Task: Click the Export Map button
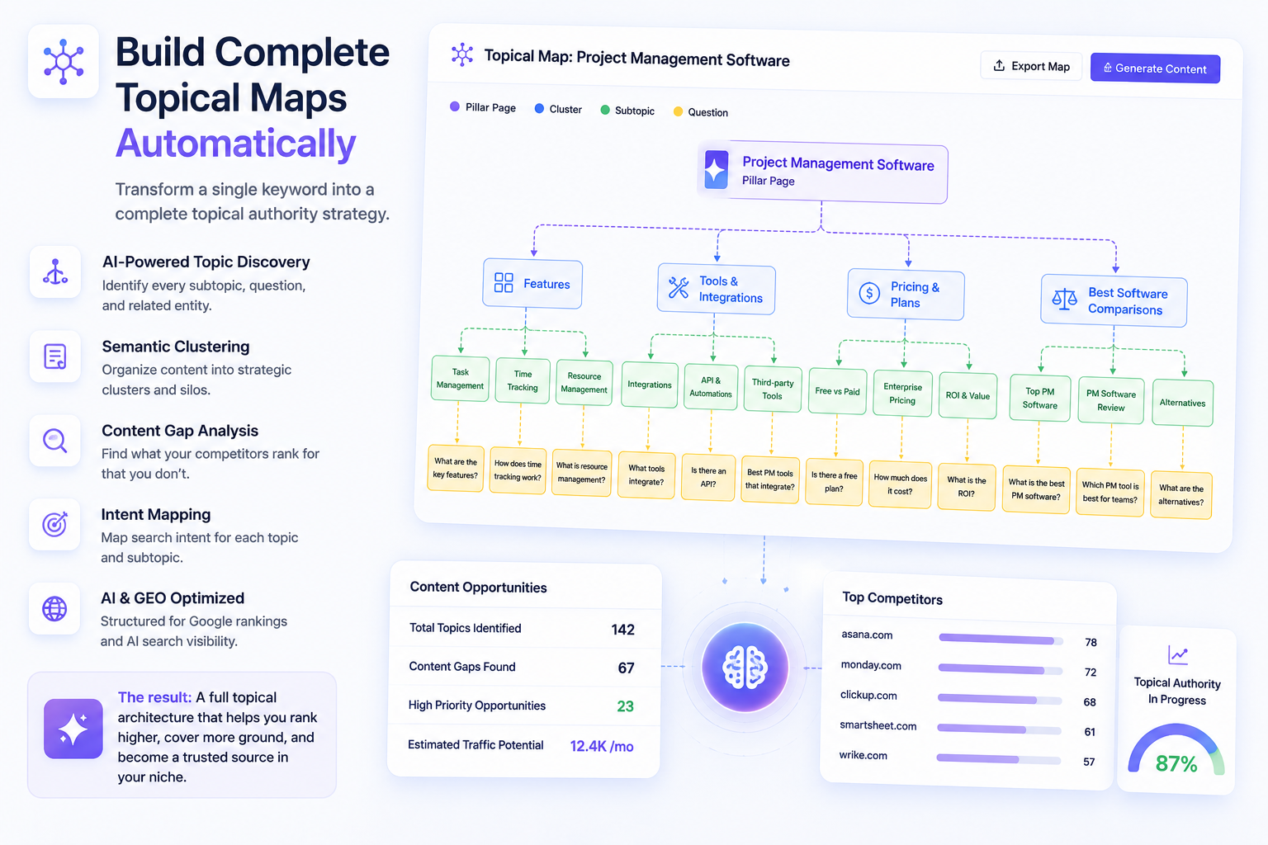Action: click(x=1031, y=66)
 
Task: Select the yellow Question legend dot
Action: click(x=678, y=111)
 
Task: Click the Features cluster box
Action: click(x=532, y=284)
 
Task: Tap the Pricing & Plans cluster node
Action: click(x=905, y=295)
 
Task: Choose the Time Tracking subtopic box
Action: click(x=522, y=380)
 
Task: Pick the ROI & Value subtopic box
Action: click(x=968, y=395)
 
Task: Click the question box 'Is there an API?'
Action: click(x=708, y=477)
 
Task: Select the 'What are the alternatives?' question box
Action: click(x=1180, y=494)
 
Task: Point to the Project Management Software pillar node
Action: click(x=822, y=172)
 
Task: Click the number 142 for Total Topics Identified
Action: click(x=622, y=630)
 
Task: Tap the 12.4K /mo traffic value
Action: click(x=602, y=746)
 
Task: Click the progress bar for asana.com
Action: click(x=1001, y=640)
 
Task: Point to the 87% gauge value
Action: click(x=1176, y=763)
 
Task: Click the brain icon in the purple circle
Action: click(x=745, y=668)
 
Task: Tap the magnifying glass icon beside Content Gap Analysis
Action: click(x=55, y=441)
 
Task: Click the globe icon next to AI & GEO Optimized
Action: click(x=54, y=608)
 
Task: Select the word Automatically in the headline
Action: click(x=236, y=144)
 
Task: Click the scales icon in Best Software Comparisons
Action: click(x=1064, y=299)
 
